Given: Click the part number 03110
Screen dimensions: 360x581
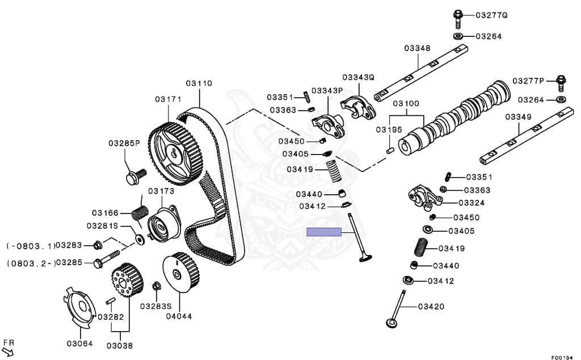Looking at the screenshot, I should [x=199, y=83].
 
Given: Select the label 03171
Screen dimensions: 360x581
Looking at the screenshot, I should [x=168, y=99].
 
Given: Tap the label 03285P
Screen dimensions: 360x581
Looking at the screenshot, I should [x=124, y=143].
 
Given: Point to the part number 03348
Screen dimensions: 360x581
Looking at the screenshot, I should [x=417, y=48].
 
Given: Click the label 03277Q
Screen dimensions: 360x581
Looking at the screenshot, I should [x=491, y=15].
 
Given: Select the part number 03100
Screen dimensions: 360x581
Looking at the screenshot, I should [x=406, y=104].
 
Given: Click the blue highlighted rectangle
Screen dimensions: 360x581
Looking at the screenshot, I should [x=323, y=232].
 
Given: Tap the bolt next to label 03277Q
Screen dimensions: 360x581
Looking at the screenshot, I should [x=458, y=18].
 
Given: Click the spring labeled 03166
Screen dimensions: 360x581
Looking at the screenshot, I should [x=140, y=212].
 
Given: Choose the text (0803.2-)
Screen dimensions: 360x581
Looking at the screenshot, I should [x=31, y=263].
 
